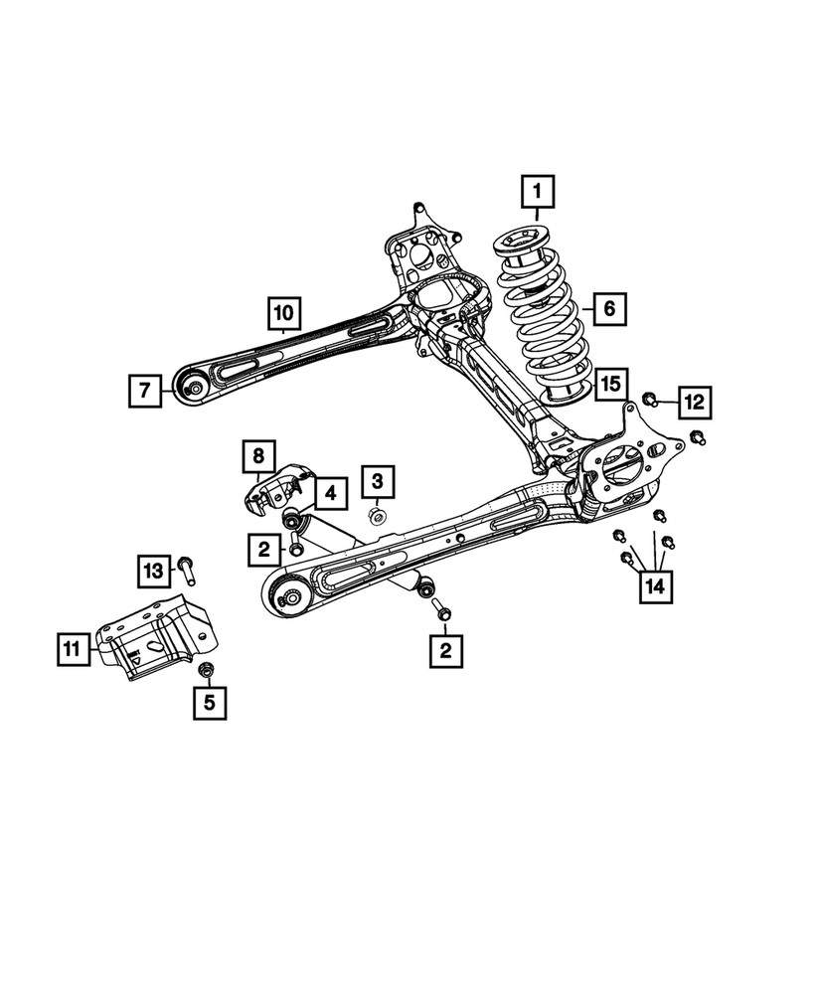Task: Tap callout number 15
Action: pyautogui.click(x=610, y=383)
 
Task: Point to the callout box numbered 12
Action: pyautogui.click(x=694, y=402)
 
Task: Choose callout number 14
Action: pyautogui.click(x=654, y=585)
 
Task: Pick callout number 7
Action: pyautogui.click(x=144, y=392)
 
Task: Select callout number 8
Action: pyautogui.click(x=257, y=457)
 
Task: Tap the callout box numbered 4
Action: pyautogui.click(x=330, y=491)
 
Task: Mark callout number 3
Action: pyautogui.click(x=377, y=482)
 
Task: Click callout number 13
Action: pyautogui.click(x=153, y=571)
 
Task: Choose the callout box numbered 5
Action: pyautogui.click(x=209, y=702)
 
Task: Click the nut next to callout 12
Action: pyautogui.click(x=649, y=401)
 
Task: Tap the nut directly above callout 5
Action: pyautogui.click(x=208, y=669)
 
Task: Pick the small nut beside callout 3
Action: pyautogui.click(x=378, y=515)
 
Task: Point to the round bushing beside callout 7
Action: pyautogui.click(x=195, y=387)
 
